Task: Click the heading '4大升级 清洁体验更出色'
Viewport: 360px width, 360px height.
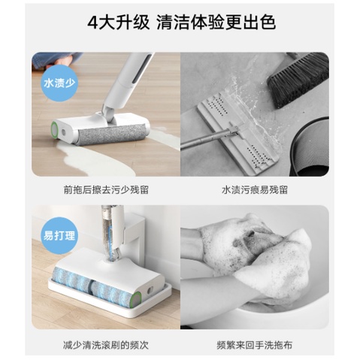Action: (181, 22)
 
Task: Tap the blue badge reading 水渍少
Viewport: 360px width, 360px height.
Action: (59, 83)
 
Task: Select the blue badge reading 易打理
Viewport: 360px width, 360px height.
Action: (59, 236)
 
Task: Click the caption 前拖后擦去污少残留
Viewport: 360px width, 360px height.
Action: (106, 189)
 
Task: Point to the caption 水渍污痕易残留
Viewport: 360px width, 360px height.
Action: (255, 189)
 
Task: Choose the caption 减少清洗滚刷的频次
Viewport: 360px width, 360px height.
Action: (106, 345)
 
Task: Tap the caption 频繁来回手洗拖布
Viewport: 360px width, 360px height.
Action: (255, 345)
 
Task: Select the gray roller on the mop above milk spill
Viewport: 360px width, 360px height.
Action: (112, 135)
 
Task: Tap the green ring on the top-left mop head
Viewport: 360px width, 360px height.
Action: (54, 130)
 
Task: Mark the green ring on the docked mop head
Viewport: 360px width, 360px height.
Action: (137, 299)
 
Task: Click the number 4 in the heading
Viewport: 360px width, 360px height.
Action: (92, 23)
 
